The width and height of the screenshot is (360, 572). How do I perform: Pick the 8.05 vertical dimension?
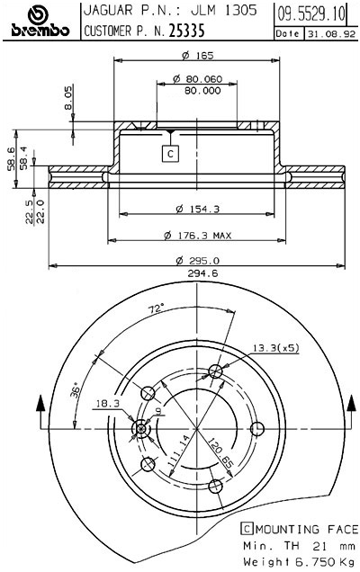click(68, 100)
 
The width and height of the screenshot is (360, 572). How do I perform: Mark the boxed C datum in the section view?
click(170, 154)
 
